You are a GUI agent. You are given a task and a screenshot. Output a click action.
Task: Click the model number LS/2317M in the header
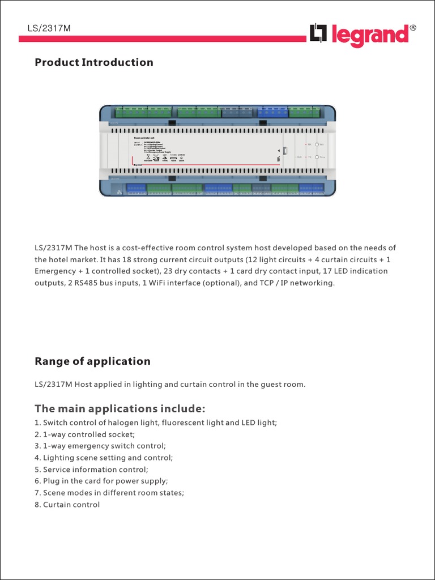pos(49,29)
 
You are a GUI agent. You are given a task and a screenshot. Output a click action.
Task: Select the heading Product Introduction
pos(94,62)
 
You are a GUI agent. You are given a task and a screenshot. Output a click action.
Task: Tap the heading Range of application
pos(92,361)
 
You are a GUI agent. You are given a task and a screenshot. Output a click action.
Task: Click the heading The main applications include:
pos(120,409)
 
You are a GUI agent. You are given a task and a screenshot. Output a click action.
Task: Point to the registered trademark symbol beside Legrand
pos(413,28)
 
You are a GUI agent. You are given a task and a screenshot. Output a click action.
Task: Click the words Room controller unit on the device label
pos(148,138)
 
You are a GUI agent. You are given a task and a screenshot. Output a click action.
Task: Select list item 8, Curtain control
pos(67,505)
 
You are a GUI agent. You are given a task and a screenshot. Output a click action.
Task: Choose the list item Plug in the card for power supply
pos(101,481)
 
